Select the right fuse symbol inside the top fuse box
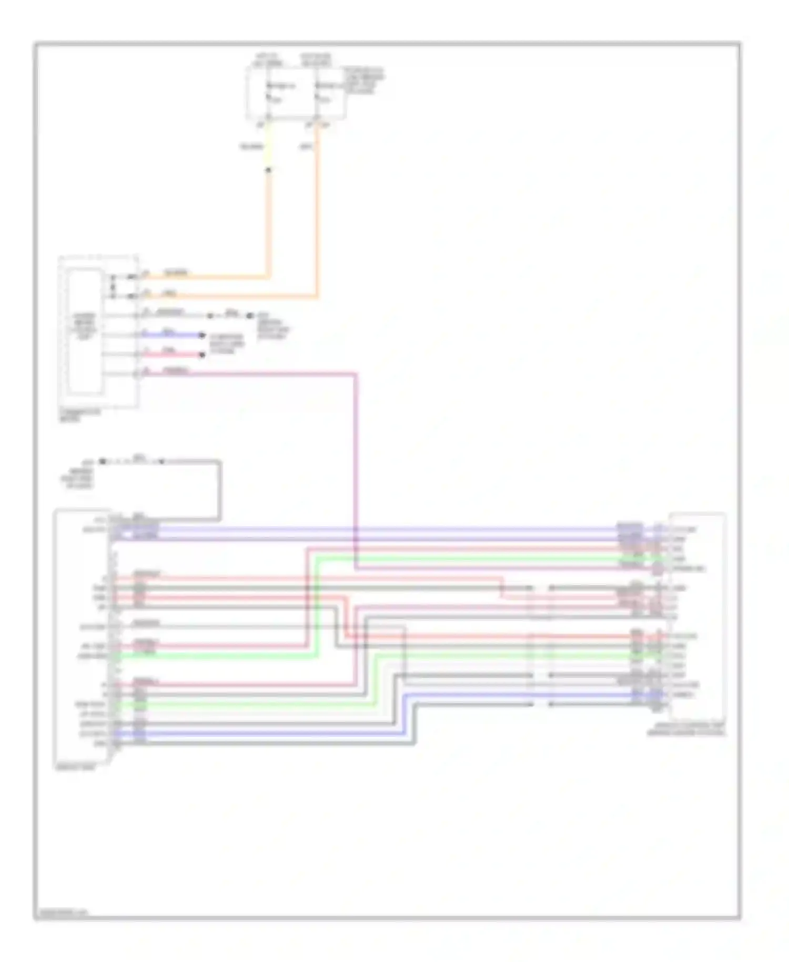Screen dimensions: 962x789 click(316, 93)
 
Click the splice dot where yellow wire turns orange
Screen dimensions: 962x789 click(268, 170)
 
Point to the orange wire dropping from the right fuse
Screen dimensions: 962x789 click(317, 211)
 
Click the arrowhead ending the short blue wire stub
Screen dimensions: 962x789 click(201, 335)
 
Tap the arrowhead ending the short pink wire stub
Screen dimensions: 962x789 click(201, 355)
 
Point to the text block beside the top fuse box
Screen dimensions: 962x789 click(364, 81)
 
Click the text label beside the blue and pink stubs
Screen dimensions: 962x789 click(227, 344)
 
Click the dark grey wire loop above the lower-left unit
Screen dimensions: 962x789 click(219, 489)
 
